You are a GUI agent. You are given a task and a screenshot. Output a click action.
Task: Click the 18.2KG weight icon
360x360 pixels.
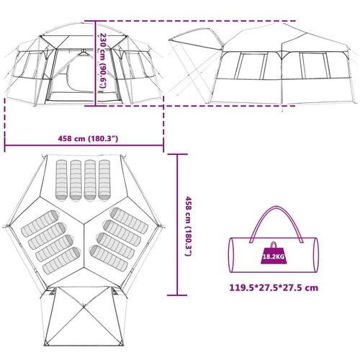[274, 253]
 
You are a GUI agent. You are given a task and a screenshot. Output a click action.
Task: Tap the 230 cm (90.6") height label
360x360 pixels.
[103, 63]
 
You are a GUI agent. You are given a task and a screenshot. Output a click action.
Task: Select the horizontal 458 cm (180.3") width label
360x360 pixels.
[88, 138]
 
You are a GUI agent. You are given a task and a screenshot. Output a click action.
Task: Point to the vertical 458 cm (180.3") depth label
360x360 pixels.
[189, 226]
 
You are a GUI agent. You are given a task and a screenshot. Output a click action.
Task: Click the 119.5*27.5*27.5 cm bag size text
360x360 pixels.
[274, 287]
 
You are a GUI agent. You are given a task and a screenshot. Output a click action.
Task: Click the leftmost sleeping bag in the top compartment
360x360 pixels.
[62, 180]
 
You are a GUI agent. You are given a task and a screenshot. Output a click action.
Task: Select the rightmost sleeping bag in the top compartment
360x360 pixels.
[104, 180]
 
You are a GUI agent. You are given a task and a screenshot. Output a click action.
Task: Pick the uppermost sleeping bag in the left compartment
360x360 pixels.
[40, 223]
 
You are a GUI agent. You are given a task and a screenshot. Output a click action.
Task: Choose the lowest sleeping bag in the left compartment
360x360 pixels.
[61, 261]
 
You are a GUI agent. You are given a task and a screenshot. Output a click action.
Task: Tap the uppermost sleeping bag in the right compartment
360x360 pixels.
[129, 220]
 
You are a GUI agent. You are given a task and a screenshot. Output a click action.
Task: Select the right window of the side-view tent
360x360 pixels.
[315, 65]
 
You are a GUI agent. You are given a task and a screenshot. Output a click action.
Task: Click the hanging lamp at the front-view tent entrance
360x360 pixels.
[84, 53]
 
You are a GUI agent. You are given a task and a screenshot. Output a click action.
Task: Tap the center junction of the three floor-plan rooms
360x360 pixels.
[84, 225]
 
